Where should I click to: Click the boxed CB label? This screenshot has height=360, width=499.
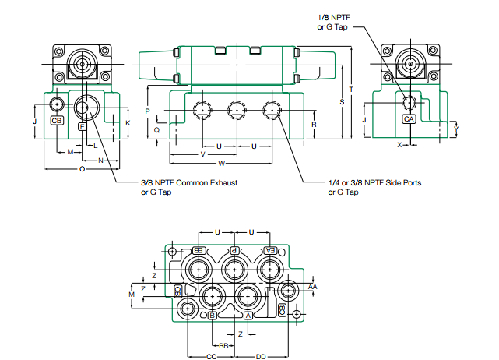coord(57,121)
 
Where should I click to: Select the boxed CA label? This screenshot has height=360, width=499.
coord(409,119)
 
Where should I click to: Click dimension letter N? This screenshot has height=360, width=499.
coord(101,160)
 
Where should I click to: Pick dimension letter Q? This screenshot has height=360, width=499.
coord(156,131)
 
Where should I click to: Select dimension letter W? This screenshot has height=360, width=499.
coord(222,164)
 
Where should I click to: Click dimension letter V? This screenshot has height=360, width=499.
coord(203,154)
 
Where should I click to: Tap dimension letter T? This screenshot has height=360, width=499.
coord(351,90)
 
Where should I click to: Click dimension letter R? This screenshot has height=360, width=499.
coord(314,125)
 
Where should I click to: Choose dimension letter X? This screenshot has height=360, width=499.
coord(399,145)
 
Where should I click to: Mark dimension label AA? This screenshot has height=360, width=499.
coord(313,287)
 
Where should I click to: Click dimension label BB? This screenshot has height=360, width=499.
coord(223,345)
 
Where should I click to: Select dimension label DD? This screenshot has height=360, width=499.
coord(261,356)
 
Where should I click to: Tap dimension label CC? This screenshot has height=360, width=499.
coord(211,356)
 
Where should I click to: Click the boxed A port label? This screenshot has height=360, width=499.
coord(248,316)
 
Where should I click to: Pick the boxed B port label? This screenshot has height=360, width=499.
coord(212,316)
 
